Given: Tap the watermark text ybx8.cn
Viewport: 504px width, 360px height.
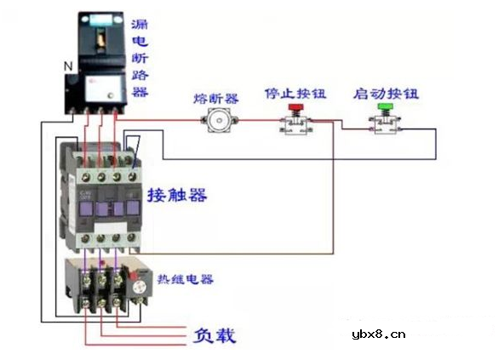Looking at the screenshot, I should point(383,334).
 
